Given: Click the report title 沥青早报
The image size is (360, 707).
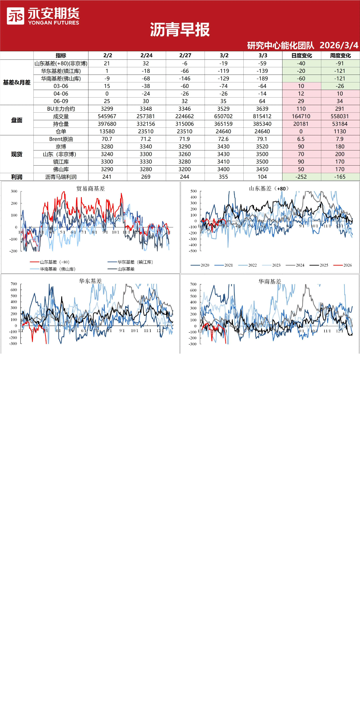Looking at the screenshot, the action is tap(180, 30).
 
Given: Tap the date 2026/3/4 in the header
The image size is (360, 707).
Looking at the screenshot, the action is tap(339, 45).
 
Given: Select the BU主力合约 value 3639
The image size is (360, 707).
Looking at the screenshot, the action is tap(262, 109).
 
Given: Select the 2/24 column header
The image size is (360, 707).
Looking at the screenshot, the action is tap(146, 55).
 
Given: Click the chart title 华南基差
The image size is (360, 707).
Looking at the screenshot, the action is tap(270, 281).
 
